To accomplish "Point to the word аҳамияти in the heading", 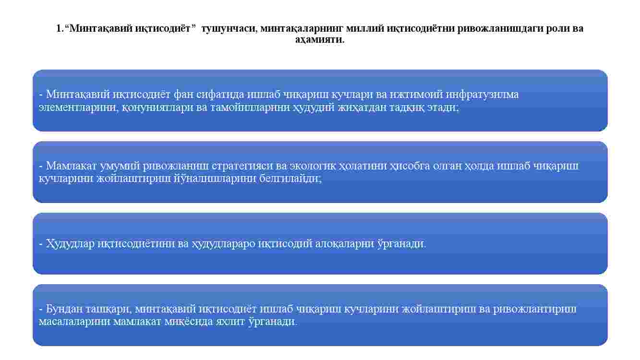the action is (320, 39).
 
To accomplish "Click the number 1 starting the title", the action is (59, 28).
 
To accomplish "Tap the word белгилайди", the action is (290, 179).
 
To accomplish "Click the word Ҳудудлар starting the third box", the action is (70, 244).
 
